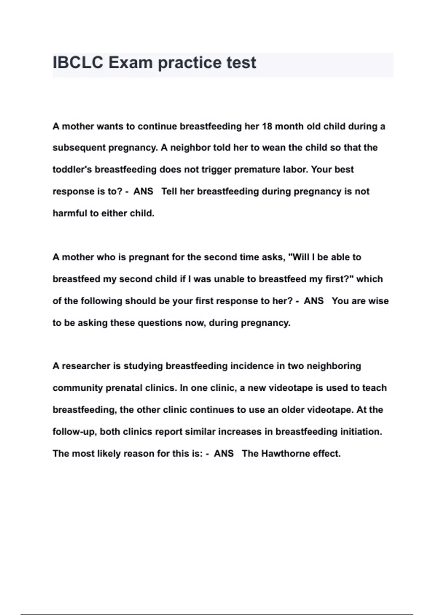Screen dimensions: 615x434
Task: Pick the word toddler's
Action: (72, 170)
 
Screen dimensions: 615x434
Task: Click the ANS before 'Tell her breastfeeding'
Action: (143, 191)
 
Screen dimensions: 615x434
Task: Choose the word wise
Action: (378, 301)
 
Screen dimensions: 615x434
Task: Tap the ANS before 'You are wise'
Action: (314, 301)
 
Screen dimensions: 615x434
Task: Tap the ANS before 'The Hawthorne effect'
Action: (224, 454)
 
